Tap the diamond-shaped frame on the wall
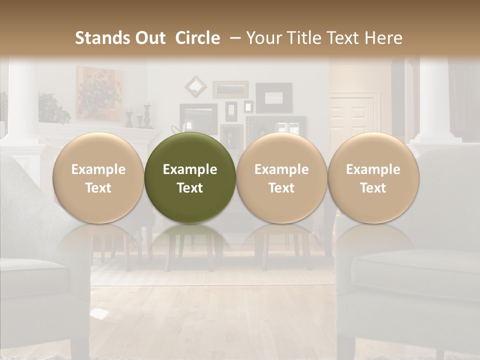tap(195, 86)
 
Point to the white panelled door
tap(352, 117)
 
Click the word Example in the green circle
tap(190, 169)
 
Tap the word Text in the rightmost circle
tap(373, 188)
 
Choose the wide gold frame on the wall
tap(230, 89)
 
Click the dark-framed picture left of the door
tap(274, 97)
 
